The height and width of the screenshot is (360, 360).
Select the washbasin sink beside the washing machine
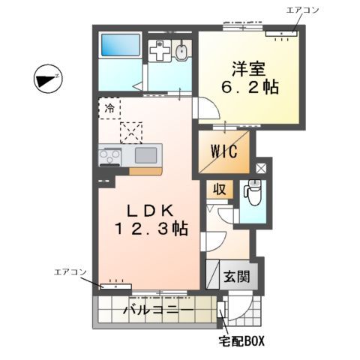click(x=181, y=51)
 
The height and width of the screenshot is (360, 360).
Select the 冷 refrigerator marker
click(x=109, y=109)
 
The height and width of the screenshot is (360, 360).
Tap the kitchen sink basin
click(x=145, y=156)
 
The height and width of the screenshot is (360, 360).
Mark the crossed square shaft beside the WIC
click(x=260, y=169)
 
